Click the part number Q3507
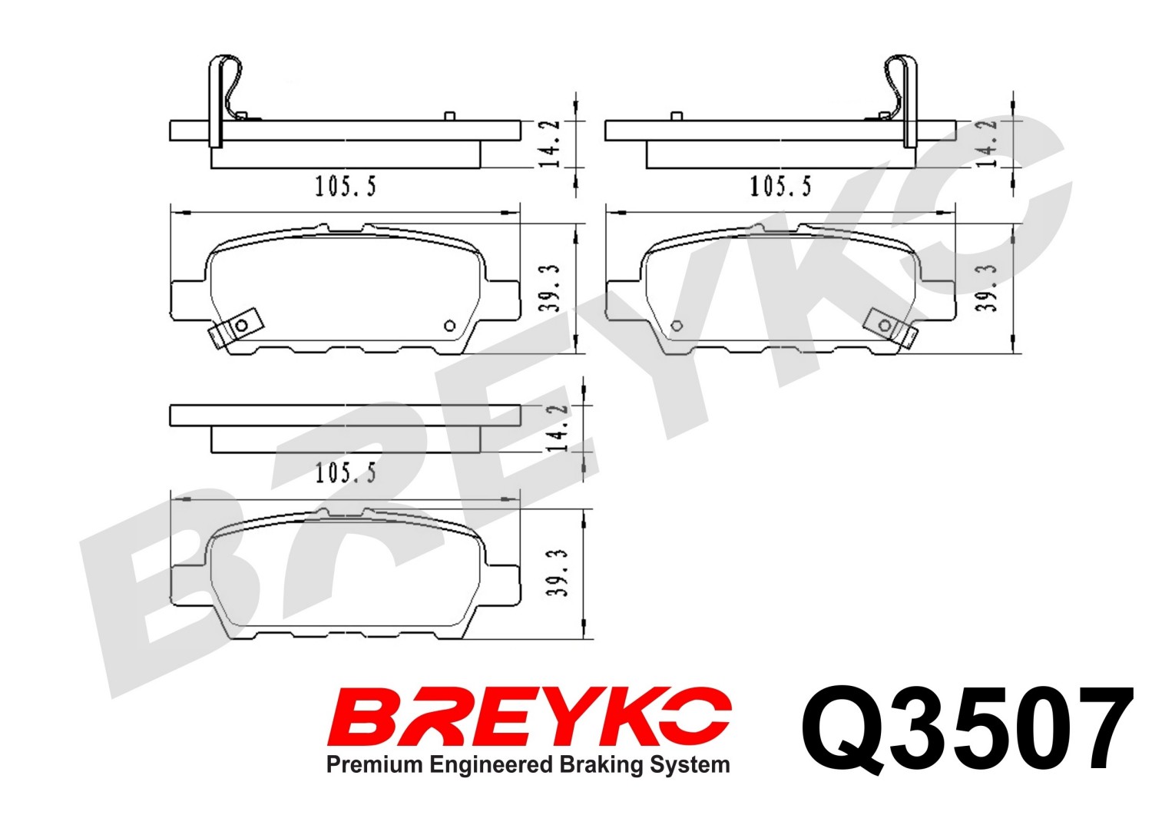pos(967,730)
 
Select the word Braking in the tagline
pos(601,766)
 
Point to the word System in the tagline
pos(690,766)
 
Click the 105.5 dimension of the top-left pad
pos(346,186)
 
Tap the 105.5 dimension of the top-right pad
pos(780,186)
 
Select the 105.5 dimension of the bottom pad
pos(346,473)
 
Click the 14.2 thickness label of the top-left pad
pos(550,144)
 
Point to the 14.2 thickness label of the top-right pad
pos(986,144)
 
